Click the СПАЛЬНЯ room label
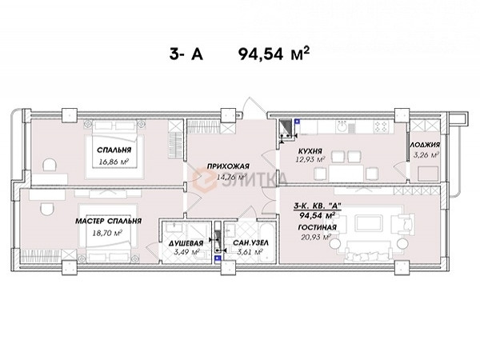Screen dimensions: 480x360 pyautogui.click(x=114, y=150)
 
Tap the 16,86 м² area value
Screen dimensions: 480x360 pyautogui.click(x=114, y=162)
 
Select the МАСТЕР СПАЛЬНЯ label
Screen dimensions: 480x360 pyautogui.click(x=108, y=221)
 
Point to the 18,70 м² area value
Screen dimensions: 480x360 pyautogui.click(x=107, y=233)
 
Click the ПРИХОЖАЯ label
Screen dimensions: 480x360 pyautogui.click(x=228, y=166)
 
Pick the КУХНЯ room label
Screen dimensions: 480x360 pyautogui.click(x=310, y=151)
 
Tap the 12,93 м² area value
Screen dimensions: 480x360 pyautogui.click(x=310, y=159)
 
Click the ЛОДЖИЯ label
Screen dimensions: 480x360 pyautogui.click(x=425, y=145)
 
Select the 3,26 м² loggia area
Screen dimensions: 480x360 pyautogui.click(x=426, y=154)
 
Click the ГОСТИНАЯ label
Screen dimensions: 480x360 pyautogui.click(x=317, y=227)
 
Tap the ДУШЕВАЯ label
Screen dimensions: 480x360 pyautogui.click(x=186, y=243)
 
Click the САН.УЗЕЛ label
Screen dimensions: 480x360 pyautogui.click(x=250, y=243)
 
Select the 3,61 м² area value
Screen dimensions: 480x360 pyautogui.click(x=250, y=252)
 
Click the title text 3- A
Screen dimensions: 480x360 pyautogui.click(x=186, y=54)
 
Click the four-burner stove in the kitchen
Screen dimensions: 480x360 pyautogui.click(x=381, y=126)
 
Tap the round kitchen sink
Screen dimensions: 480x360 pyautogui.click(x=341, y=126)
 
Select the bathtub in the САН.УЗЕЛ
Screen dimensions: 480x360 pyautogui.click(x=267, y=242)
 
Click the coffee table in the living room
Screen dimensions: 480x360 pyautogui.click(x=369, y=222)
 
